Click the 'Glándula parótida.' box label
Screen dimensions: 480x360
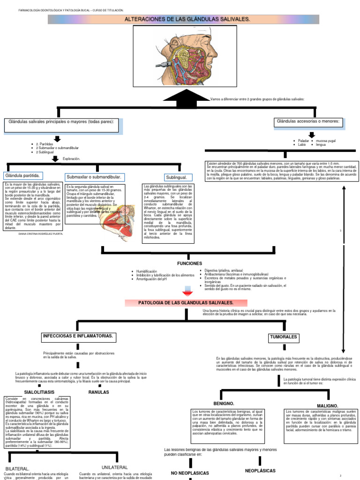(x=23, y=176)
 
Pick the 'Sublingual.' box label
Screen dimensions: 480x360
(x=176, y=178)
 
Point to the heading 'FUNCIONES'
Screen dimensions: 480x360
(x=189, y=263)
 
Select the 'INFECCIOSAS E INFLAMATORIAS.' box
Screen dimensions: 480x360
(x=78, y=337)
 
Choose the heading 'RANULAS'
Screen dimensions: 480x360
(x=99, y=392)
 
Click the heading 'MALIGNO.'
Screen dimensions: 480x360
(x=328, y=405)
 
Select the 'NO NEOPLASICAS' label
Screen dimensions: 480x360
(x=190, y=473)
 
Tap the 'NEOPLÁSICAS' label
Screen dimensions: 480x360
(x=260, y=470)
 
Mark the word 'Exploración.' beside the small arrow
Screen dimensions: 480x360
(x=71, y=159)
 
